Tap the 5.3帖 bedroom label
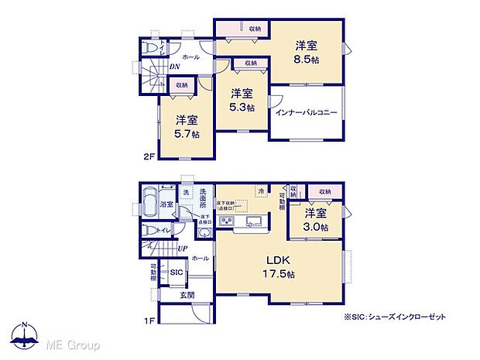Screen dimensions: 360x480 pos(242,99)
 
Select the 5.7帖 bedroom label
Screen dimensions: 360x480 pos(187,126)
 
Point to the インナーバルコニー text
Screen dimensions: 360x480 pos(307,113)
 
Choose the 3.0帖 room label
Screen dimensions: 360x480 pos(315,220)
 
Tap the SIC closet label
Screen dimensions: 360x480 pos(177,273)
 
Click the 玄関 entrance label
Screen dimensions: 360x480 pos(188,295)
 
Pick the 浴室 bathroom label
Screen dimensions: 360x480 pos(167,205)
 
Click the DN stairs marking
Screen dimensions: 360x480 pos(175,67)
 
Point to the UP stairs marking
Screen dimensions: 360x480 pos(182,248)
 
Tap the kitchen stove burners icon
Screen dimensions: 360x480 pos(228,223)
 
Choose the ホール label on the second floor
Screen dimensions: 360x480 pos(190,57)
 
